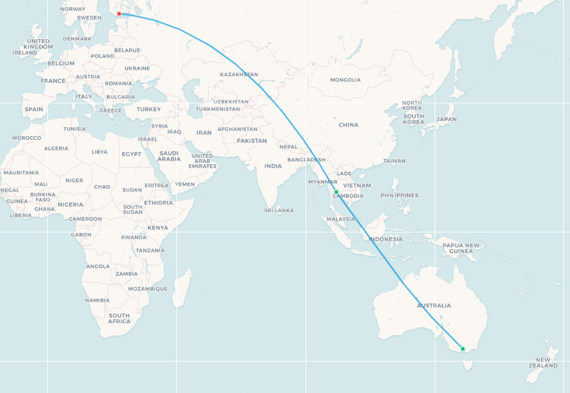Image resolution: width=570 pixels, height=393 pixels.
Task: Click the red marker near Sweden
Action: pos(119,14)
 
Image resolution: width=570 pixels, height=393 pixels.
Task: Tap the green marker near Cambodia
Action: pos(336,192)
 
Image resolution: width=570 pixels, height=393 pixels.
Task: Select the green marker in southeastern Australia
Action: pos(463,349)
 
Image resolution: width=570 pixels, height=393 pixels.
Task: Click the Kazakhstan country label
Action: pos(239,75)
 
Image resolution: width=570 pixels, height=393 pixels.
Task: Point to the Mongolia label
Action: pos(345,80)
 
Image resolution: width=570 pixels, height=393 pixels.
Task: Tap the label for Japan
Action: pos(446,119)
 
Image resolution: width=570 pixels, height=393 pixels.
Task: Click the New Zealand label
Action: pos(543,362)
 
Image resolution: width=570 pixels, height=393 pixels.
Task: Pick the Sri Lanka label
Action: pos(280,210)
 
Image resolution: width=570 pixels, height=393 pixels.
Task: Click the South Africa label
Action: pos(119,319)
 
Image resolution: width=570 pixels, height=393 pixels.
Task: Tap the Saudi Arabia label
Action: pos(169,156)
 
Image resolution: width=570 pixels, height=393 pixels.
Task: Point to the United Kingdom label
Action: pos(38,44)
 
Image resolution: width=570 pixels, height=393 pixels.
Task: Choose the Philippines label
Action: pos(399,195)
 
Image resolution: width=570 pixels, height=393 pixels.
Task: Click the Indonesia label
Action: pos(385,239)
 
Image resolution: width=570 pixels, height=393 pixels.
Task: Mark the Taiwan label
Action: pos(394,161)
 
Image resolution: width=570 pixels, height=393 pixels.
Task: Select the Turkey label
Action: pos(149,109)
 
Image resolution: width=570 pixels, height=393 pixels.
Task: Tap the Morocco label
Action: pos(26,138)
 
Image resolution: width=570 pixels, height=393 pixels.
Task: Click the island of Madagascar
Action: pos(181,288)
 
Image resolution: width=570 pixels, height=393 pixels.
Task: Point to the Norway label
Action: pos(73,9)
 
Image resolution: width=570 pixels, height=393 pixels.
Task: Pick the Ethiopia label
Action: pos(158,203)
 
